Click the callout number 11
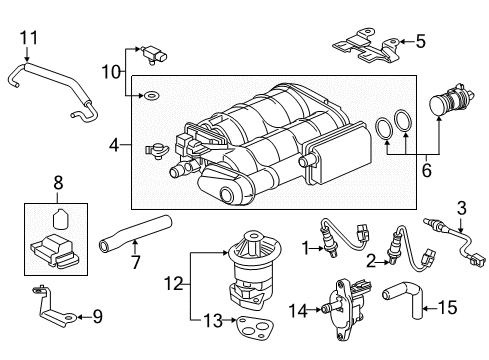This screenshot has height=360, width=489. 29,38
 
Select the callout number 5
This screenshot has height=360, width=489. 421,42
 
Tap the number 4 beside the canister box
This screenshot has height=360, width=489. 114,145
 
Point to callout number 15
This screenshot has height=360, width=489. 447,308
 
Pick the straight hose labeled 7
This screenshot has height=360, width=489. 136,233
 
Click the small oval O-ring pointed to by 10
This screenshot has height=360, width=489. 151,96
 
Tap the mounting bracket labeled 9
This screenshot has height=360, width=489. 53,307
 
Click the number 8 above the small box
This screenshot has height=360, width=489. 58,183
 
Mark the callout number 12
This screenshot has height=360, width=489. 174,284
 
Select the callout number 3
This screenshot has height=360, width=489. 461,209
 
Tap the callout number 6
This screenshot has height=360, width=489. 426,170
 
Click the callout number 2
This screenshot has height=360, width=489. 371,261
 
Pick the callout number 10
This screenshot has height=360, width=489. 111,72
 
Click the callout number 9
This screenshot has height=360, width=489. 97,316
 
